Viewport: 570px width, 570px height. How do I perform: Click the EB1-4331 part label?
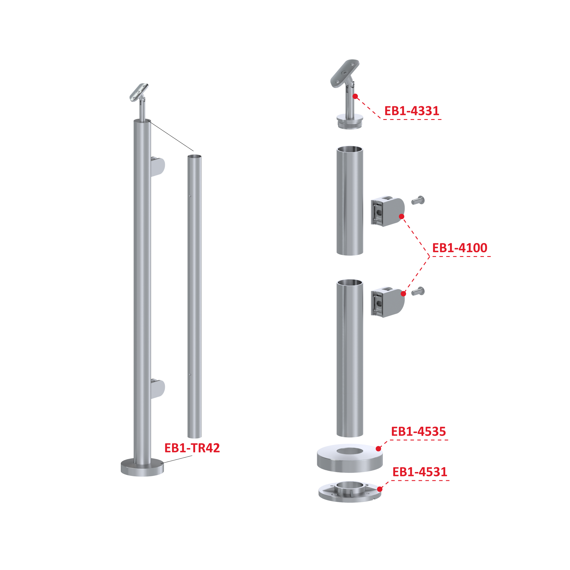(x=412, y=111)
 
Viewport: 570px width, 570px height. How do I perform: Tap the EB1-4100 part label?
(x=460, y=248)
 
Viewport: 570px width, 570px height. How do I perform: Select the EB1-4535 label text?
(x=418, y=431)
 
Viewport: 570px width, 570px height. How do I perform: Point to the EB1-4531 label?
(x=420, y=472)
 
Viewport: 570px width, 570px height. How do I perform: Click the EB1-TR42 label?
(x=192, y=448)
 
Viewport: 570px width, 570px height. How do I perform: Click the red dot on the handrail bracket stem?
(x=355, y=97)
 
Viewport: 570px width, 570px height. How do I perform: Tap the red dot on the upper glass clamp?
(x=402, y=216)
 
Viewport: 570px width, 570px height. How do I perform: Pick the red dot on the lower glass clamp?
(x=403, y=294)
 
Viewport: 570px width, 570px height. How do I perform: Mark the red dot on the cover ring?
(x=379, y=449)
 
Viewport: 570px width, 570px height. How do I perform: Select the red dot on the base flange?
(x=380, y=489)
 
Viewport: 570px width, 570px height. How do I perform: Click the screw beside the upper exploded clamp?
(x=418, y=200)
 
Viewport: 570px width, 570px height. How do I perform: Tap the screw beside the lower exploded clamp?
(x=418, y=291)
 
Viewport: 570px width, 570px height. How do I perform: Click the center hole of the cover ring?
(x=350, y=451)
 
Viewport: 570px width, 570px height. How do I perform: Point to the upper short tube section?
(x=350, y=201)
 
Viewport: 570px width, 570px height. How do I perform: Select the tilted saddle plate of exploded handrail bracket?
(x=345, y=73)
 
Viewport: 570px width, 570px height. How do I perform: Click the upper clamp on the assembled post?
(x=158, y=167)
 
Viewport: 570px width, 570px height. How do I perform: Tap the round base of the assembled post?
(x=142, y=467)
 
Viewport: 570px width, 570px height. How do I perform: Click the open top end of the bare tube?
(x=195, y=156)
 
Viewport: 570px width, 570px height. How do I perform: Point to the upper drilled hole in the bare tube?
(x=190, y=196)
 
